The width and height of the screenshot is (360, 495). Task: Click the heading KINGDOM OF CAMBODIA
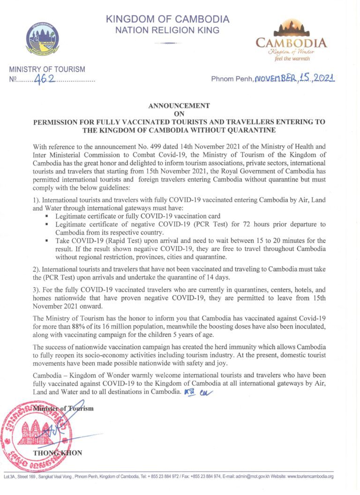click(167, 20)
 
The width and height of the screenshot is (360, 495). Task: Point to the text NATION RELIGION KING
click(167, 30)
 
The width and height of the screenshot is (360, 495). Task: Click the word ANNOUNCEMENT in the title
click(179, 106)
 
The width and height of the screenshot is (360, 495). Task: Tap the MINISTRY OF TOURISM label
click(47, 69)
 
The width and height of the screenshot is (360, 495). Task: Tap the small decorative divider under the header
click(167, 43)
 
